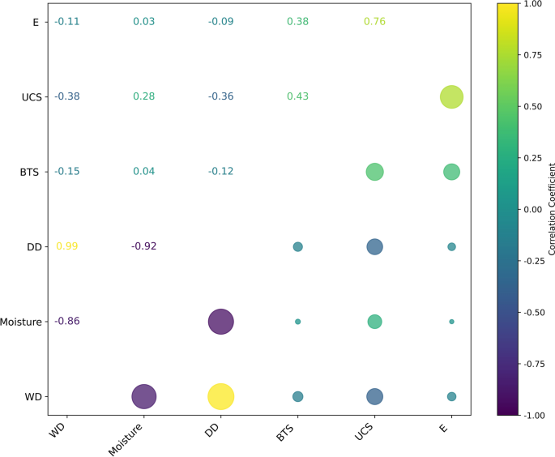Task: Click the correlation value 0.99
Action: click(x=66, y=246)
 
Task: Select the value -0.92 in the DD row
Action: click(x=143, y=246)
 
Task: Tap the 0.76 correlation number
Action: click(x=374, y=21)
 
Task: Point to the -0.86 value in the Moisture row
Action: click(x=66, y=322)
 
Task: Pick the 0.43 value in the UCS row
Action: click(x=297, y=96)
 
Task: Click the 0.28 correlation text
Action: click(x=143, y=96)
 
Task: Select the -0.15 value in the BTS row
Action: click(x=66, y=171)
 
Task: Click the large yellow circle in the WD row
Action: click(x=220, y=396)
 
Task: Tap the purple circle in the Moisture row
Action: click(x=220, y=322)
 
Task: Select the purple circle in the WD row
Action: click(x=143, y=396)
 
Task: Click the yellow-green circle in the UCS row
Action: click(x=451, y=96)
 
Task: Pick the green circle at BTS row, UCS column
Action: click(x=374, y=172)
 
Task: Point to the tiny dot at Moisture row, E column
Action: click(x=451, y=322)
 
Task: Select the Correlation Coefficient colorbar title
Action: click(x=552, y=209)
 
